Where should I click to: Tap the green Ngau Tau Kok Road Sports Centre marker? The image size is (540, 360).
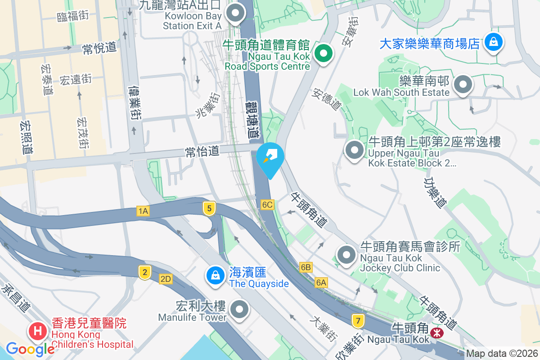tap(323, 54)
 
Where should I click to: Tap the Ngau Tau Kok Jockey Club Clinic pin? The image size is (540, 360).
tap(346, 255)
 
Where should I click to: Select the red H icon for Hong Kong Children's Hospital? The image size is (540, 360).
tap(38, 332)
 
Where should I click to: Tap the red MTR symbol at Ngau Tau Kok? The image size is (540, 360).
tap(436, 333)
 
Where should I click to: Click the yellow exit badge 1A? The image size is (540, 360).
tap(143, 211)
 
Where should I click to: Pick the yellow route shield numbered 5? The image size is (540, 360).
tap(209, 208)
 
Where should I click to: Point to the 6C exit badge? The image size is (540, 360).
tap(267, 205)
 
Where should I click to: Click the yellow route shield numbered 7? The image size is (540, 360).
tap(358, 321)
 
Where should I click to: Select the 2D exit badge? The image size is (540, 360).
tap(166, 279)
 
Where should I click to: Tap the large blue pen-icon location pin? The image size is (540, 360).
tap(270, 157)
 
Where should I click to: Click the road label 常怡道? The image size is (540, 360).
tap(202, 151)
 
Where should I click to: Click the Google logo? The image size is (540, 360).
tap(30, 349)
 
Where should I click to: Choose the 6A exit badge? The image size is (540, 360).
tap(321, 282)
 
